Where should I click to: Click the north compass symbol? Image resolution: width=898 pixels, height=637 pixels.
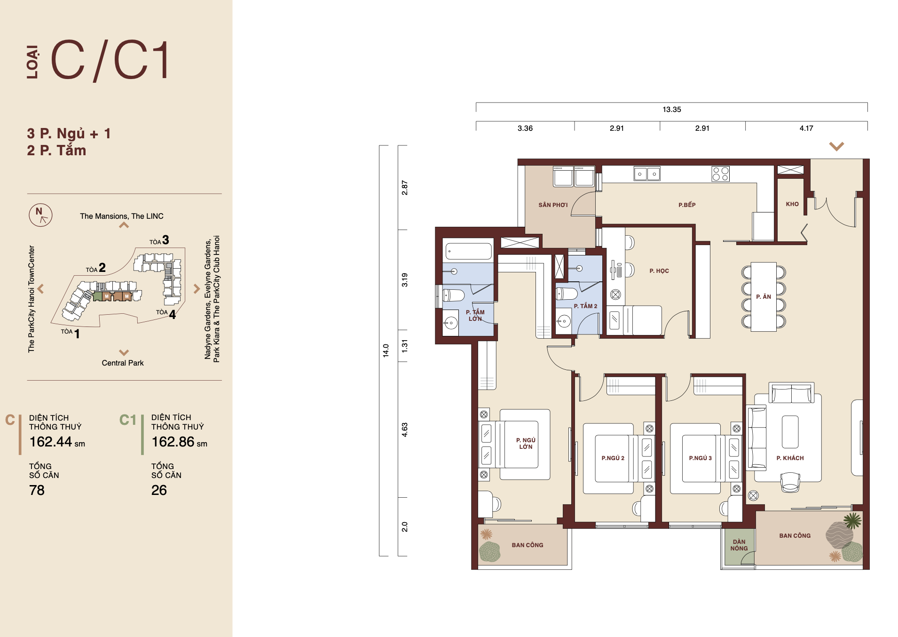pyautogui.click(x=40, y=215)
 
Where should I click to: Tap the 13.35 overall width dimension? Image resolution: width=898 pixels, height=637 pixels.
pyautogui.click(x=671, y=110)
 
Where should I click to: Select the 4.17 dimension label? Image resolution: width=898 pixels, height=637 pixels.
pyautogui.click(x=806, y=128)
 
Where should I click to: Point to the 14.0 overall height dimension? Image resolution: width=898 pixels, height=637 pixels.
pyautogui.click(x=386, y=350)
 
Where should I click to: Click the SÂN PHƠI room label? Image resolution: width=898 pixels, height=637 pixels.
pyautogui.click(x=553, y=205)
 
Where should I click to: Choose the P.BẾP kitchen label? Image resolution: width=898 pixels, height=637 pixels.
pyautogui.click(x=687, y=205)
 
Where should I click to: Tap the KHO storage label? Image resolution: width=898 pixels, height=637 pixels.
pyautogui.click(x=792, y=204)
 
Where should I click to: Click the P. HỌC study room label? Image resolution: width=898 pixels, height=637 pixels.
pyautogui.click(x=659, y=271)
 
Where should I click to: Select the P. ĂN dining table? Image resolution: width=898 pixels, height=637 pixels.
pyautogui.click(x=764, y=297)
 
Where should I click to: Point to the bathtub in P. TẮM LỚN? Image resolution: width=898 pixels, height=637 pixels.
pyautogui.click(x=468, y=251)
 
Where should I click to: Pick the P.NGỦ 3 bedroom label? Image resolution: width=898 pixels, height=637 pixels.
pyautogui.click(x=700, y=458)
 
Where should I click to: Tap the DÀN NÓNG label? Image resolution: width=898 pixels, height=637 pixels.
pyautogui.click(x=739, y=545)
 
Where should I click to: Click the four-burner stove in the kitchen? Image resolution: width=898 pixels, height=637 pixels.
pyautogui.click(x=720, y=174)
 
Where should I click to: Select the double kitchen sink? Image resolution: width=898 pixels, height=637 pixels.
pyautogui.click(x=647, y=174)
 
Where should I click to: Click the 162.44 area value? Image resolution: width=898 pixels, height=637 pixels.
pyautogui.click(x=51, y=442)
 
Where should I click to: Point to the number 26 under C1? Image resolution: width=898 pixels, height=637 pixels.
pyautogui.click(x=159, y=490)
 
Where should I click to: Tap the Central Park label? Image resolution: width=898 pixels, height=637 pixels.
pyautogui.click(x=123, y=363)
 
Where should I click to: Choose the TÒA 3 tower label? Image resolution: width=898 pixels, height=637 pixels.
pyautogui.click(x=159, y=240)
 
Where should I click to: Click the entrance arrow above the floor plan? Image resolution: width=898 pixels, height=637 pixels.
pyautogui.click(x=836, y=146)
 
